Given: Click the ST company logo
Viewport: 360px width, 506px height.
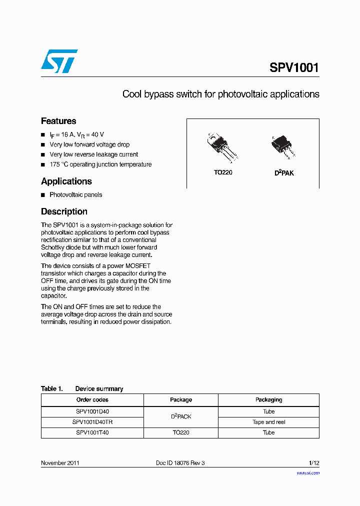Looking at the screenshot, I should point(59,61).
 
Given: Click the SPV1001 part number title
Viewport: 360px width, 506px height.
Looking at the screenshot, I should point(294,67).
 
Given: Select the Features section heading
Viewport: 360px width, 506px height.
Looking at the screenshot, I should point(58,121).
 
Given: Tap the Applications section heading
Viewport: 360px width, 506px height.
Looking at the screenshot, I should point(66,181).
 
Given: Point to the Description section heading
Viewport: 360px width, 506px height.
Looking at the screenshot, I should point(64,211).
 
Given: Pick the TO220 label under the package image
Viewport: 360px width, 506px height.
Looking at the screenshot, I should point(223,172).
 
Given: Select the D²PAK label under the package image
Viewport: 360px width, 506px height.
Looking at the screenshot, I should point(284,173).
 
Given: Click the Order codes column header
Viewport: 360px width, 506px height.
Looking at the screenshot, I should point(92,400).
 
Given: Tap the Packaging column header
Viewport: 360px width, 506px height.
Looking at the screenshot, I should point(268,400).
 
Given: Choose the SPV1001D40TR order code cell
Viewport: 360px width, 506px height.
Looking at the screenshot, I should point(92,422).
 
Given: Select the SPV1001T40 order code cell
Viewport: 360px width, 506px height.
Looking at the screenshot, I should point(92,433).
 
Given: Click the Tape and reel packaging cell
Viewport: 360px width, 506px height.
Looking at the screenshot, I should point(268,422).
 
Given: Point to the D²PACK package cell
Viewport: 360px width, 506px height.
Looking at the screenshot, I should point(181,416).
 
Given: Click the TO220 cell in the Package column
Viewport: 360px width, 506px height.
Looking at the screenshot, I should point(181,433).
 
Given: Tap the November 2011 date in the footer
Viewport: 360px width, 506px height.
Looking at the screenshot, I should point(60,463).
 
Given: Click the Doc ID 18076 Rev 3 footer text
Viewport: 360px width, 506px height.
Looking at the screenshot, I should point(180,463).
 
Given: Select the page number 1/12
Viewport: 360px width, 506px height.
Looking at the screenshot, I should point(313,463).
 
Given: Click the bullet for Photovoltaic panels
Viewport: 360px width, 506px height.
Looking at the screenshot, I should point(43,195).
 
